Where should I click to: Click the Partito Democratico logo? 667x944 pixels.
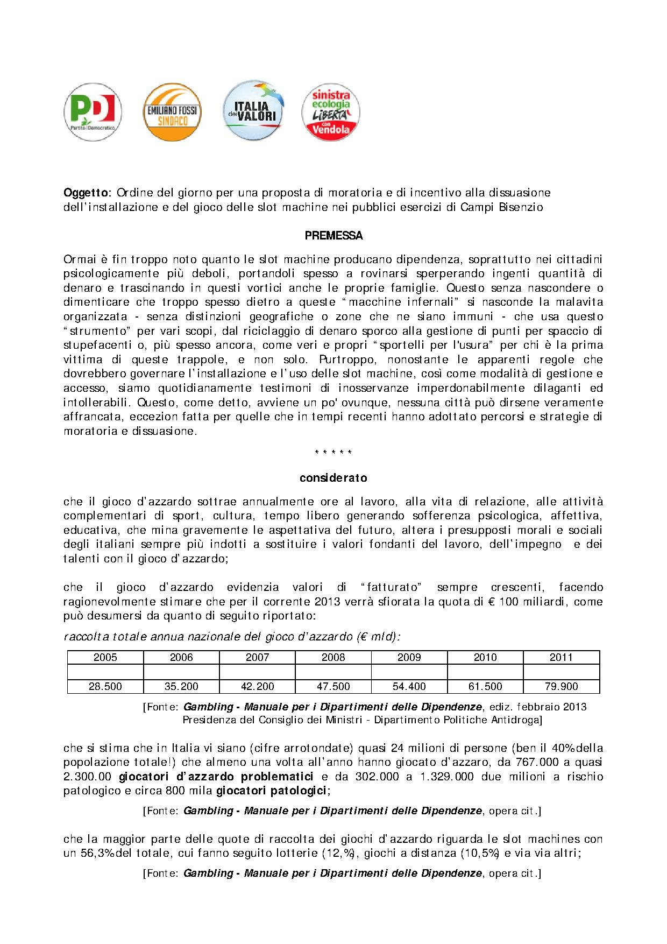tap(93, 112)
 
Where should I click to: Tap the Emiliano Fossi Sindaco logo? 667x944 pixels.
tap(172, 112)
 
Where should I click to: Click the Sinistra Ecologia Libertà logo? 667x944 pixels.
tap(332, 112)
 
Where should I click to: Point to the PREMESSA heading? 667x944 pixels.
tap(334, 236)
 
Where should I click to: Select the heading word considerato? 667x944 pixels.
tap(334, 478)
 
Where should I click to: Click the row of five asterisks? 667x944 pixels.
tap(334, 453)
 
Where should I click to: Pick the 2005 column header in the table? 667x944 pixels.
tap(105, 657)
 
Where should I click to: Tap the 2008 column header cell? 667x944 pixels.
tap(334, 657)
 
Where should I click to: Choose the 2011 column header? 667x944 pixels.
tap(561, 657)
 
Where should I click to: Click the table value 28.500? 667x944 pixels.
tap(105, 686)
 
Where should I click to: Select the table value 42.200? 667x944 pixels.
tap(258, 686)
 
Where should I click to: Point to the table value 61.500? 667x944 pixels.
tap(485, 686)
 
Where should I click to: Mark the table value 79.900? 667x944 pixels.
tap(561, 686)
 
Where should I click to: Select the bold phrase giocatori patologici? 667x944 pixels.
tap(271, 791)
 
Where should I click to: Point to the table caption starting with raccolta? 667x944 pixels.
tap(231, 637)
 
